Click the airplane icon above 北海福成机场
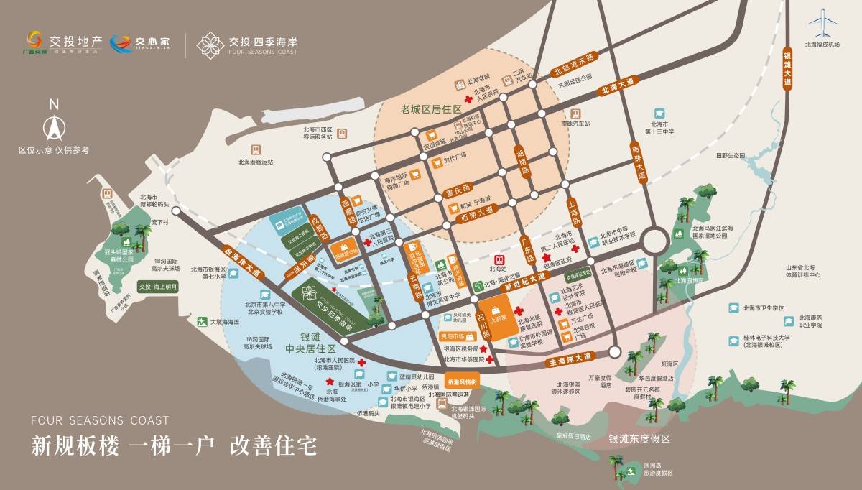[822, 24]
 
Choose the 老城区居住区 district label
[431, 108]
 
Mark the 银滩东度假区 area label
[639, 438]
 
